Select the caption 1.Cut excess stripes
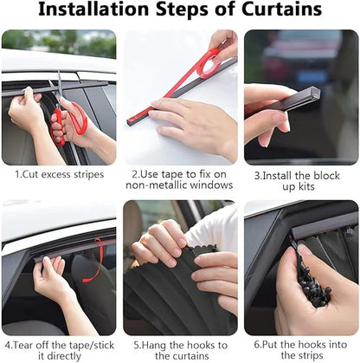pos(59,173)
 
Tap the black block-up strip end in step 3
pos(302,97)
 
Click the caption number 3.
pos(258,173)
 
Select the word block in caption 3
pos(329,173)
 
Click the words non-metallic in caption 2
pos(159,185)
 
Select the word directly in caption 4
pos(66,355)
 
